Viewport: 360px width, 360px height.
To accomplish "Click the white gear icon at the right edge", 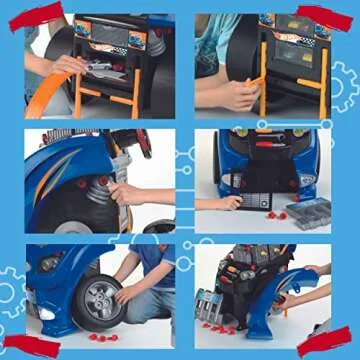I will pyautogui.click(x=345, y=85).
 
